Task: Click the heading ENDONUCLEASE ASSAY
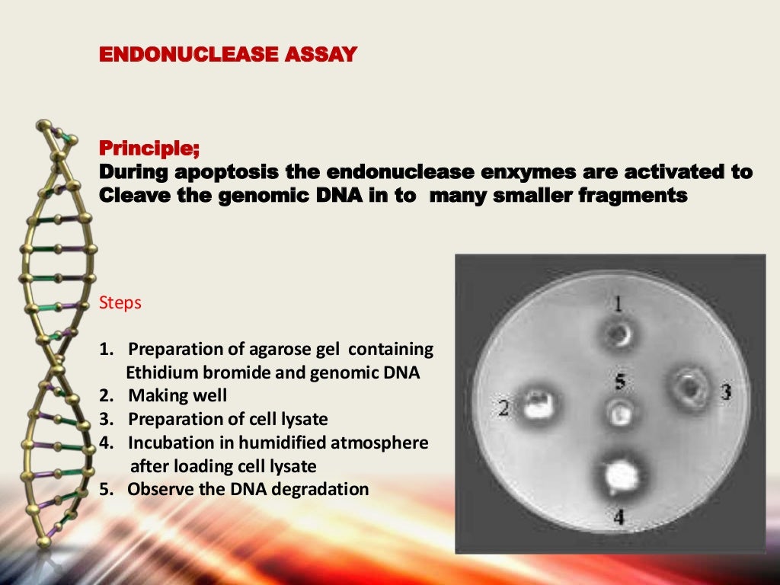(228, 55)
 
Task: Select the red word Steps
(120, 302)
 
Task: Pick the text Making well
(177, 396)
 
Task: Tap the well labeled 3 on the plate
(690, 388)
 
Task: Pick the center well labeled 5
(620, 413)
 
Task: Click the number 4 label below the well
(619, 517)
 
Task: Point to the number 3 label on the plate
(725, 392)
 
